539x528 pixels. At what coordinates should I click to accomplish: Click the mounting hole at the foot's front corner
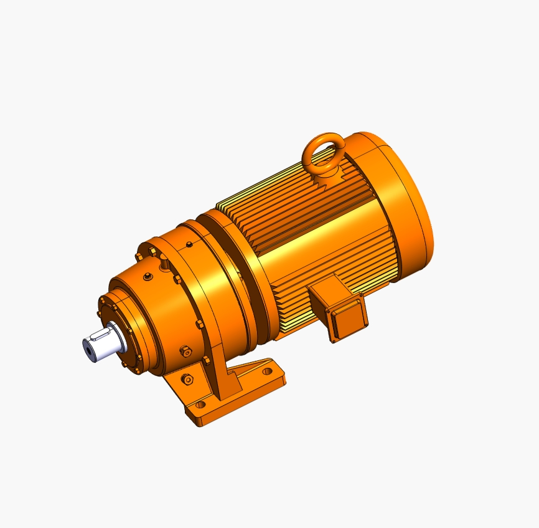click(x=200, y=405)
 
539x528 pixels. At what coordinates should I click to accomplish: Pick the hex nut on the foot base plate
click(x=187, y=378)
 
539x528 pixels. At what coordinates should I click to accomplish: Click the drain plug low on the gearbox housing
click(x=185, y=352)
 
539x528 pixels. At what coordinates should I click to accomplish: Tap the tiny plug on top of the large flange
click(x=189, y=242)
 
